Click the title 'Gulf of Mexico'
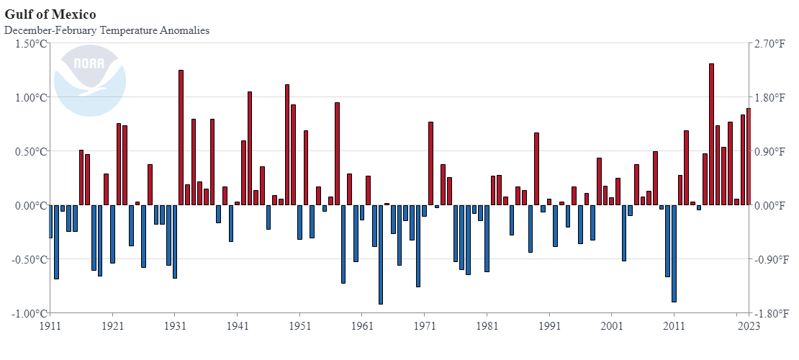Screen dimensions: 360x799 point(50,14)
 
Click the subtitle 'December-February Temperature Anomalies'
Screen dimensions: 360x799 point(107,30)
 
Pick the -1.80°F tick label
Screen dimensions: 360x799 point(769,313)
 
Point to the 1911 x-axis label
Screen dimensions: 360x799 point(50,325)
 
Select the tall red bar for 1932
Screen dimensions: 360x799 point(181,138)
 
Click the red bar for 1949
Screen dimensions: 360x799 point(287,145)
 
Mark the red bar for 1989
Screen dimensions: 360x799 point(536,169)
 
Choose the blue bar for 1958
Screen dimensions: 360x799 point(343,244)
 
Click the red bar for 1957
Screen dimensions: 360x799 point(337,154)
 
